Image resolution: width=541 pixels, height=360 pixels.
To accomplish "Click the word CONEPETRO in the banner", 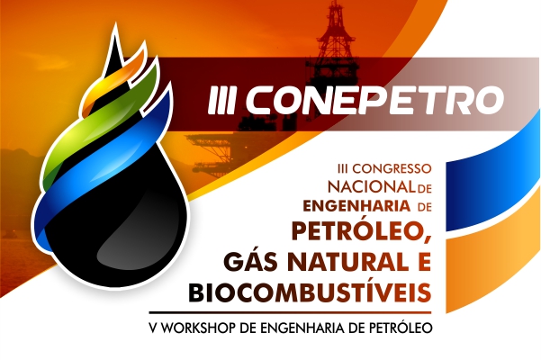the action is coord(374,99).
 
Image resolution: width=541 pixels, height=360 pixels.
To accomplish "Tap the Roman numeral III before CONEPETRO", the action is coord(221,100).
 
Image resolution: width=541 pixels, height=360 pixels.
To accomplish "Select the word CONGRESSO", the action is coord(392,168).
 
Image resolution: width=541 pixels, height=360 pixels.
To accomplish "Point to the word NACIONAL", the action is coord(371,187).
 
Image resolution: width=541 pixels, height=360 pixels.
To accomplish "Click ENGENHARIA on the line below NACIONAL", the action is coord(356,206).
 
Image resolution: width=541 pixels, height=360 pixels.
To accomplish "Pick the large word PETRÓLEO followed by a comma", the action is coord(362,231).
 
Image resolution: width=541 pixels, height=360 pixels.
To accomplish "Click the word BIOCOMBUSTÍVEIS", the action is coord(310,292).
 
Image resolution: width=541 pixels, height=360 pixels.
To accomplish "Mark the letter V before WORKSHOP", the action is coord(153,328).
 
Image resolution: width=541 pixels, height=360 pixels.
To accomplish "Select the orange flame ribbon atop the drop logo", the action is coord(113,79).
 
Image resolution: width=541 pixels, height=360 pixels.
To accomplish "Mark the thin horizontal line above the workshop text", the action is coord(290,313).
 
